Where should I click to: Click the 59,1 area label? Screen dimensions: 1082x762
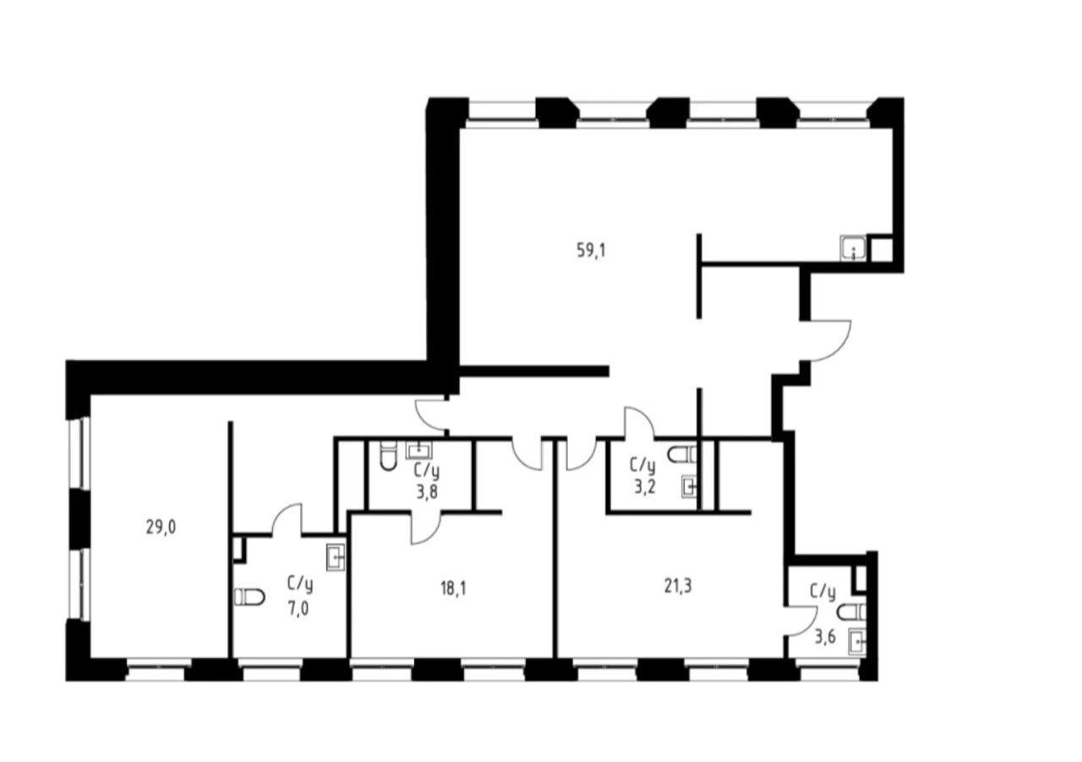pyautogui.click(x=591, y=251)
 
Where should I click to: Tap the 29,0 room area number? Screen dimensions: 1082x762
pyautogui.click(x=161, y=527)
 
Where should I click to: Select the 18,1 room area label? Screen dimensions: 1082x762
pyautogui.click(x=453, y=589)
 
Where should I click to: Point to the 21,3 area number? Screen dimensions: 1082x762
pyautogui.click(x=678, y=586)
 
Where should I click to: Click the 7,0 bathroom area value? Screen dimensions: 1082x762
pyautogui.click(x=298, y=609)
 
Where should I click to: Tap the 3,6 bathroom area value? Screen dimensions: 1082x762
pyautogui.click(x=825, y=637)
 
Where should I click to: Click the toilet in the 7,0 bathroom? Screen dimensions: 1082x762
pyautogui.click(x=249, y=597)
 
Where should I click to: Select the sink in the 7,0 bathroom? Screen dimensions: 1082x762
pyautogui.click(x=336, y=558)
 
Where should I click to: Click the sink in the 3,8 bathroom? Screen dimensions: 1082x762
pyautogui.click(x=418, y=450)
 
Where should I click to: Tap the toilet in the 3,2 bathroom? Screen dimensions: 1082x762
pyautogui.click(x=682, y=454)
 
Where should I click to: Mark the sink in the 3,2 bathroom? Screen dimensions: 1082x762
pyautogui.click(x=689, y=487)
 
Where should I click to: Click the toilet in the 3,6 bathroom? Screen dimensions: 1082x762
pyautogui.click(x=851, y=612)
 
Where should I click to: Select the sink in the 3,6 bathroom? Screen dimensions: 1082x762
pyautogui.click(x=857, y=642)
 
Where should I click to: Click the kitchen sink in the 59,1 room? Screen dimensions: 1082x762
pyautogui.click(x=853, y=248)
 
